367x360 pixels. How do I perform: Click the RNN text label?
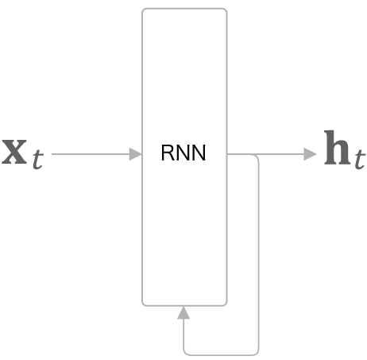click(183, 153)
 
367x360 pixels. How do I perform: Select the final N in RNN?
click(199, 153)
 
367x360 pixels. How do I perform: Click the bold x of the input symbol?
click(14, 152)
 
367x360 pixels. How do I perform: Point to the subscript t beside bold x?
click(38, 159)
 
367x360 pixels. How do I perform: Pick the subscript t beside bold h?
click(360, 159)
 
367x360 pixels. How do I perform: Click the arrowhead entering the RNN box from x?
click(136, 154)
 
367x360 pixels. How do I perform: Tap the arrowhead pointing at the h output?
click(310, 154)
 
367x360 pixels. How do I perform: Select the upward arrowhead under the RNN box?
click(183, 312)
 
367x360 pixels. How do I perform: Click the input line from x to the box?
click(91, 154)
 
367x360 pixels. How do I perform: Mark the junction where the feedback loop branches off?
click(252, 154)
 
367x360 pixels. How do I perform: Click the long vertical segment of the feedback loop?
click(258, 254)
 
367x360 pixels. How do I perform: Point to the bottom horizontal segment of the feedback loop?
click(221, 354)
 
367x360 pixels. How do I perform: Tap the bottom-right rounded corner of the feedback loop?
click(257, 352)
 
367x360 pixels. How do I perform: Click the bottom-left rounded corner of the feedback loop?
click(185, 352)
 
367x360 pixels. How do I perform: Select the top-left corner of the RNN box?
click(143, 10)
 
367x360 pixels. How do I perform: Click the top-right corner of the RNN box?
click(226, 10)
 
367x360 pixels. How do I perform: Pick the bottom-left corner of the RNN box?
click(143, 304)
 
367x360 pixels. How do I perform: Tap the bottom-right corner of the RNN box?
click(226, 304)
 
